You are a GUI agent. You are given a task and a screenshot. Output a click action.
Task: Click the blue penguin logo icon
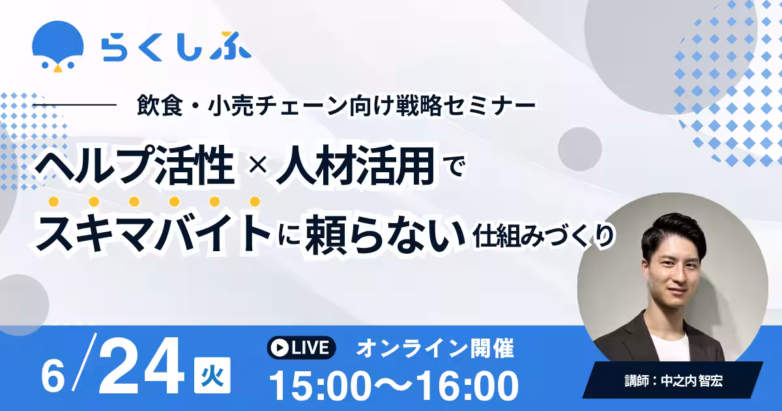tap(58, 46)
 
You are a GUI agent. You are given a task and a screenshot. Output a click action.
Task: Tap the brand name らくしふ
tap(177, 46)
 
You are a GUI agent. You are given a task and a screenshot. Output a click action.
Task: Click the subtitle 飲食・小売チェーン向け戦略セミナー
tap(336, 105)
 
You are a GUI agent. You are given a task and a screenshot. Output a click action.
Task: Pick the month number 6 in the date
tap(53, 377)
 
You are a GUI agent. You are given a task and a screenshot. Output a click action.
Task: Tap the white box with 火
tap(212, 375)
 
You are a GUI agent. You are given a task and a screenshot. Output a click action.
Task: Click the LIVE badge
tap(301, 348)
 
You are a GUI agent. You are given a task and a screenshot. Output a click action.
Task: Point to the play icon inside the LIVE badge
tap(280, 348)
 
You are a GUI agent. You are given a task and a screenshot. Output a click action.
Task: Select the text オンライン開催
tap(435, 348)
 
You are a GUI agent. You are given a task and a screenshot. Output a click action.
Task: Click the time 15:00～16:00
tap(394, 386)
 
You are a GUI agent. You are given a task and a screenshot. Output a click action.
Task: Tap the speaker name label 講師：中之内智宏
tap(673, 380)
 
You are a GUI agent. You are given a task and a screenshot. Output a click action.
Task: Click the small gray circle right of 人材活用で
tap(580, 149)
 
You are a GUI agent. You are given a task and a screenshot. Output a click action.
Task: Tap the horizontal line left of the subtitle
tap(74, 104)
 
